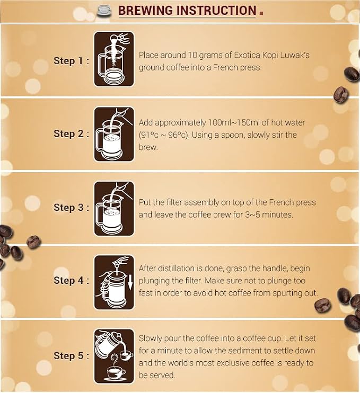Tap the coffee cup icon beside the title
[x=104, y=11]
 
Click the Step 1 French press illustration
[x=114, y=59]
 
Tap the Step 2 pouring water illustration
[x=114, y=134]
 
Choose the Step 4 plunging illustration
[x=114, y=282]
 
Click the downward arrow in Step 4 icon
[x=130, y=282]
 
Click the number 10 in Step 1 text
[x=192, y=55]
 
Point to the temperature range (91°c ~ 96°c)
[x=164, y=135]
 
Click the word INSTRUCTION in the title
[x=216, y=11]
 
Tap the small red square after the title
[x=261, y=13]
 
